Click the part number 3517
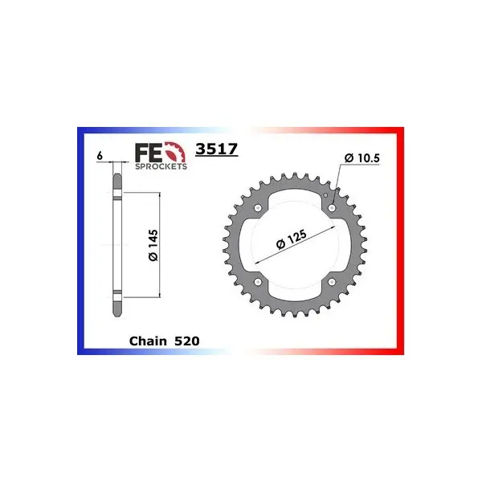(x=217, y=149)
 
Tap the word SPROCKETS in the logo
(x=161, y=166)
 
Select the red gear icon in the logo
(x=176, y=152)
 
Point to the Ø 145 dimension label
(x=153, y=245)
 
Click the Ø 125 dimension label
(x=292, y=239)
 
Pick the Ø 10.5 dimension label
(x=362, y=158)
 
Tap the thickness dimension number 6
(x=100, y=156)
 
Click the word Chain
(x=148, y=341)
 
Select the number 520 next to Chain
(x=187, y=341)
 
